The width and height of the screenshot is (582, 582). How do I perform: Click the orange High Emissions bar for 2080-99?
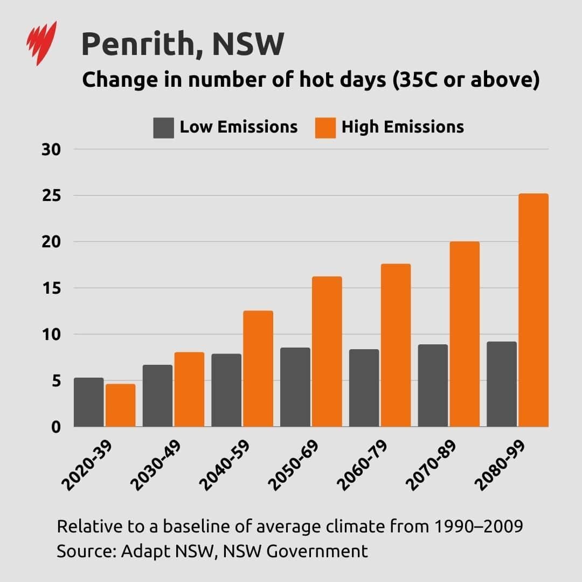[533, 310]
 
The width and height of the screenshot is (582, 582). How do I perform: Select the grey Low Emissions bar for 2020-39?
[88, 402]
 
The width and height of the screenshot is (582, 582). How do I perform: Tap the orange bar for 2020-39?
[120, 405]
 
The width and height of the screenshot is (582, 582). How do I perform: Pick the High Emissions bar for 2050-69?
[327, 351]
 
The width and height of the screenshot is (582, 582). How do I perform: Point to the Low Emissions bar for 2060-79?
[364, 388]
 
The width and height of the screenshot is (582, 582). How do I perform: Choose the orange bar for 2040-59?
[258, 369]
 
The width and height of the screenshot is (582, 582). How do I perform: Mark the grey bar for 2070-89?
[433, 385]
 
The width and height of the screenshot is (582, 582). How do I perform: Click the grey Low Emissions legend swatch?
[163, 128]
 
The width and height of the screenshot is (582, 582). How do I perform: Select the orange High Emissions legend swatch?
[325, 128]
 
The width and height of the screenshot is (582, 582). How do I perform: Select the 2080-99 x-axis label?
[501, 467]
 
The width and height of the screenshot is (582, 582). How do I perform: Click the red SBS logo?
[41, 43]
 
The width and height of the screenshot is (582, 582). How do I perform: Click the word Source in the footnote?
[85, 551]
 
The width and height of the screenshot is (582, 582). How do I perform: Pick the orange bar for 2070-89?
[465, 334]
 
